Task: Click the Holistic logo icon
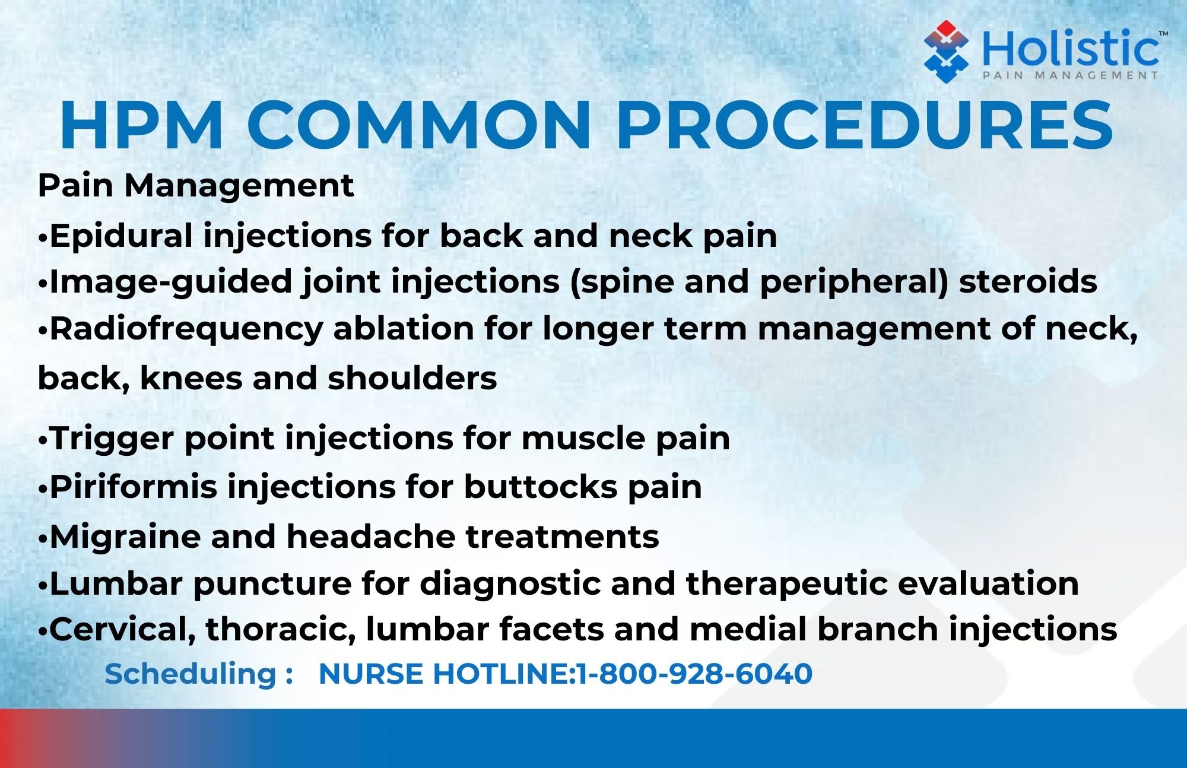[946, 51]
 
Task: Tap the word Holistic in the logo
[1071, 49]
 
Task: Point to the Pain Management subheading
[196, 186]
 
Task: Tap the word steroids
[1028, 281]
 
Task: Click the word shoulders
[412, 377]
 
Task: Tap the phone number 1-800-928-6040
[694, 674]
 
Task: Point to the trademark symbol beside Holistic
[1163, 34]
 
